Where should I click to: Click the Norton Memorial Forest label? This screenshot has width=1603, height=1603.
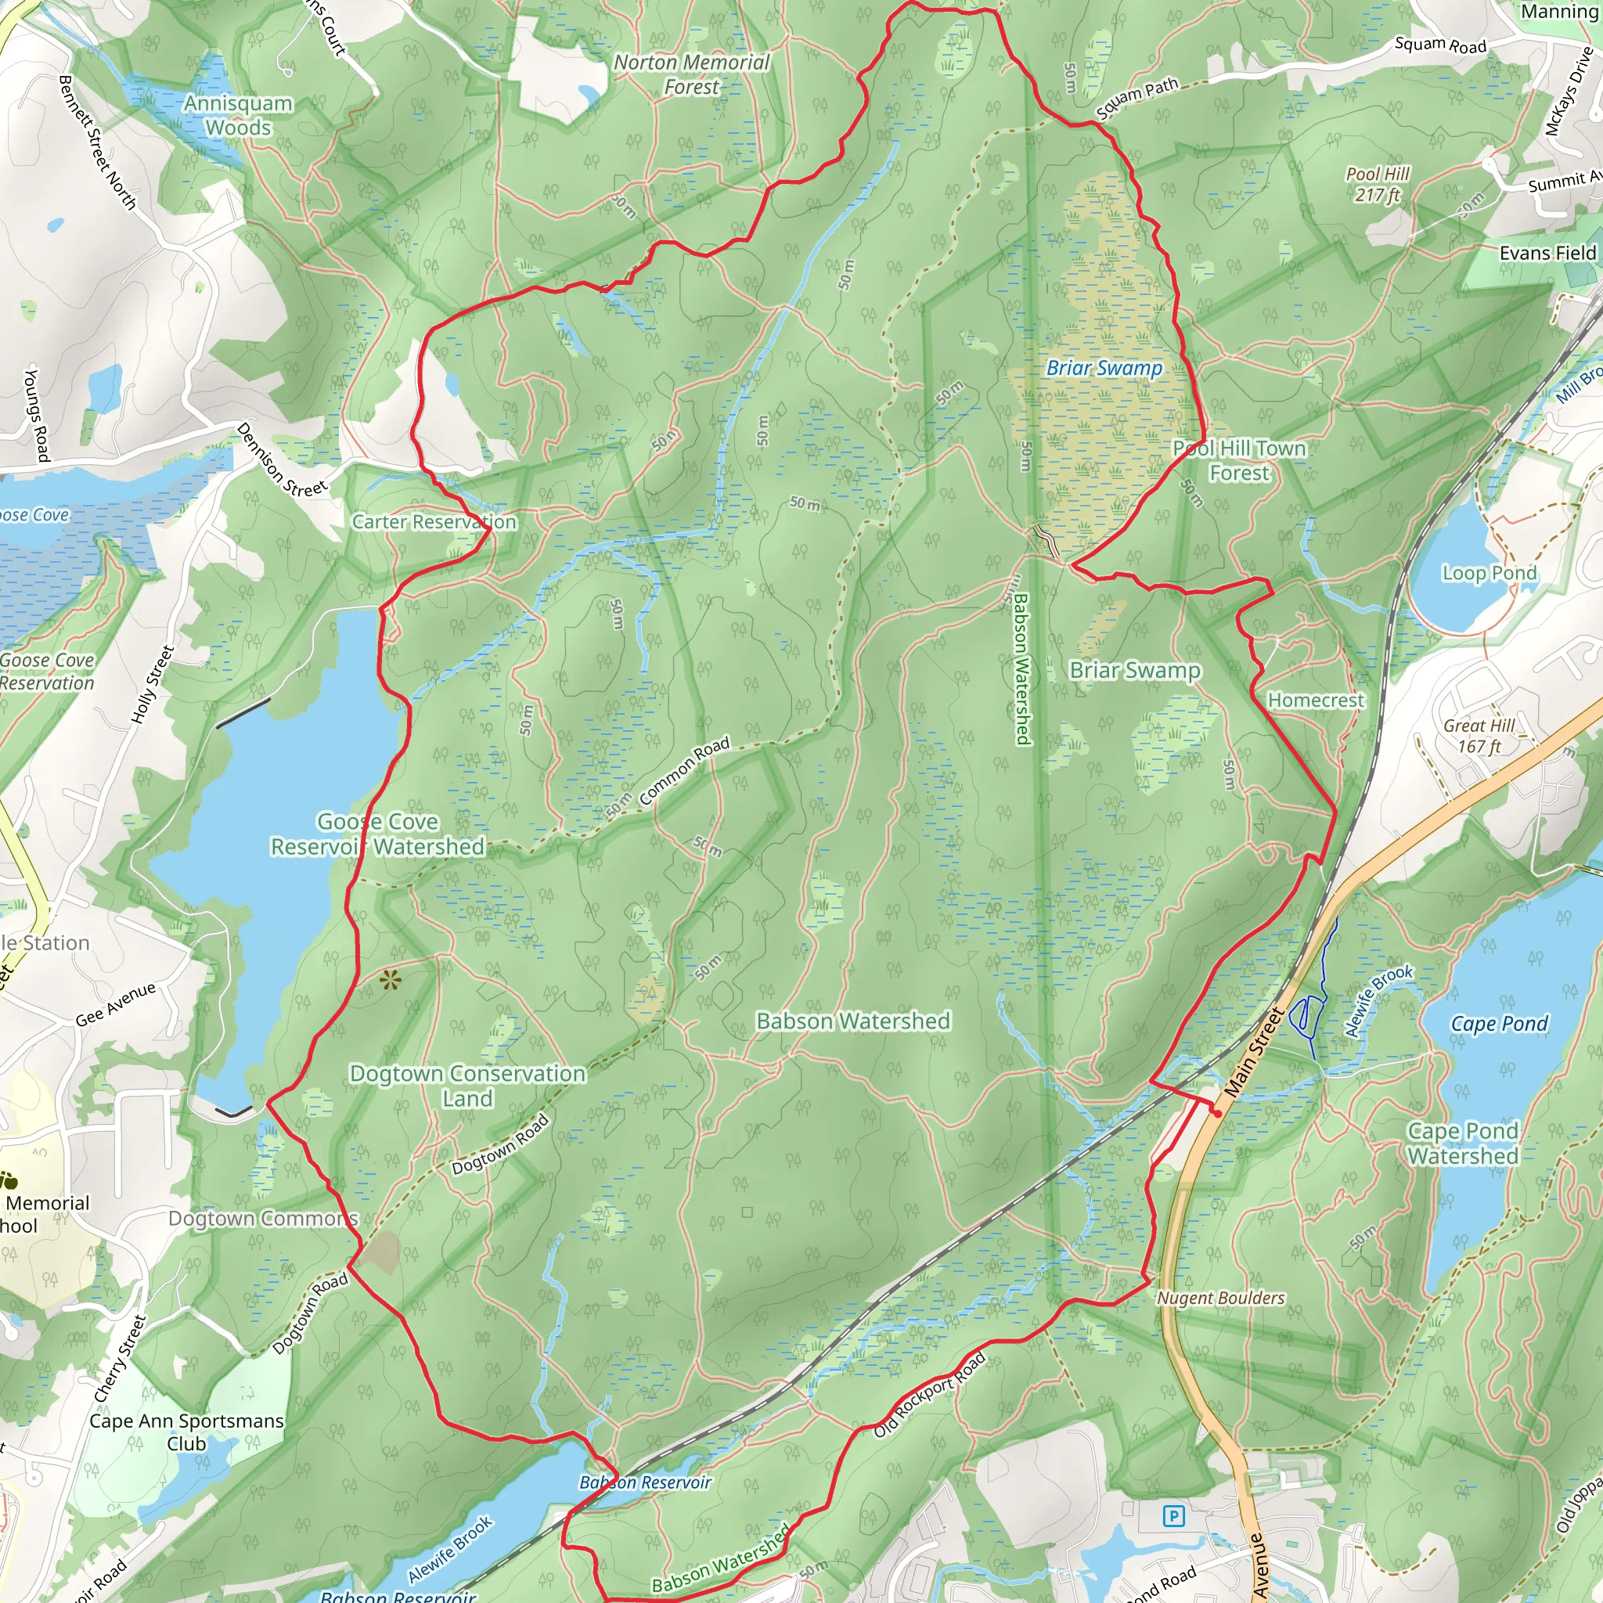pos(691,74)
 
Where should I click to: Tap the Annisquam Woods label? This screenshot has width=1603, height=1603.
pos(238,115)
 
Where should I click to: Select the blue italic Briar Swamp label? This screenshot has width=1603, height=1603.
pos(1104,368)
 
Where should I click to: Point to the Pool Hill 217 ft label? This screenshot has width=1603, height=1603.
pos(1378,184)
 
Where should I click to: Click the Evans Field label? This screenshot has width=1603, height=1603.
pos(1547,253)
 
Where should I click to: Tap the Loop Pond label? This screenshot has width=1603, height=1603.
pos(1490,572)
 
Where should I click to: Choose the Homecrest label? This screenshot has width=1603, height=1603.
pos(1315,701)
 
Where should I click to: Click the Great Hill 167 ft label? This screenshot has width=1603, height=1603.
pos(1479,735)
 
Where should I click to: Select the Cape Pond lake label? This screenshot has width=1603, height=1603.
pos(1499,1023)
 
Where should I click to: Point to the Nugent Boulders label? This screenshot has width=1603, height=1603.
pos(1220,1298)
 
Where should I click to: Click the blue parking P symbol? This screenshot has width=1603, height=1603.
pos(1173,1517)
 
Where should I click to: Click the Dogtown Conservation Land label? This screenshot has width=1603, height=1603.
pos(467,1086)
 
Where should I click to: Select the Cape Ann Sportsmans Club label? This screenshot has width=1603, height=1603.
pos(187,1432)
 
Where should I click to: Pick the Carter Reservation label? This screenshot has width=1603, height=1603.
pos(434,522)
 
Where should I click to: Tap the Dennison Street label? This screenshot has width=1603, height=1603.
pos(281,461)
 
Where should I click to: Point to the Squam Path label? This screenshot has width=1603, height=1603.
pos(1137,98)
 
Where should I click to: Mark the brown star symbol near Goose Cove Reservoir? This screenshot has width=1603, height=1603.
pos(390,981)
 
